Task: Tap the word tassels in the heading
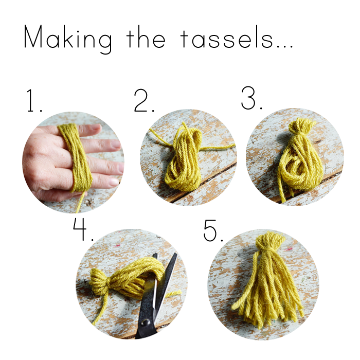[227, 38]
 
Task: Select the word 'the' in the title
[146, 37]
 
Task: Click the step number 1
[34, 101]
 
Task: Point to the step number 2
[144, 101]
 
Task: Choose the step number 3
[251, 98]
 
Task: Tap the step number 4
[83, 229]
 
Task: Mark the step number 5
[213, 230]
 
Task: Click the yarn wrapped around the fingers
[77, 156]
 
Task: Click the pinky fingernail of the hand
[114, 182]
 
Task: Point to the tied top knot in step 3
[301, 125]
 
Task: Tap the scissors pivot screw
[145, 322]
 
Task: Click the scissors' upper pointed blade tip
[176, 254]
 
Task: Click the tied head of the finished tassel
[270, 241]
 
